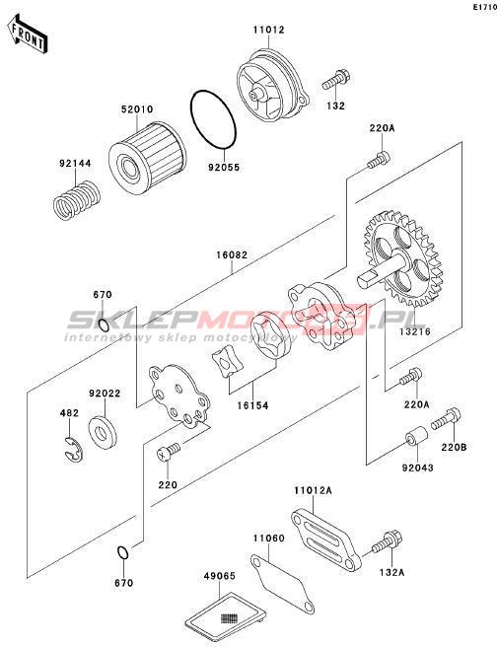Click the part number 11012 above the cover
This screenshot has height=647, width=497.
[268, 30]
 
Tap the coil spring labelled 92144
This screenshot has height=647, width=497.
[77, 200]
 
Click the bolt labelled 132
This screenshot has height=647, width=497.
[336, 80]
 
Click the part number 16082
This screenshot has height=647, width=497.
[232, 255]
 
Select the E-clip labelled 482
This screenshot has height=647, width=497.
[74, 449]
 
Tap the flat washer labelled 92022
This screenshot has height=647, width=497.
[104, 432]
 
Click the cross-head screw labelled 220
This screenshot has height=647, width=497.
[168, 453]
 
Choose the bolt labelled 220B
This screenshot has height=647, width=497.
[446, 419]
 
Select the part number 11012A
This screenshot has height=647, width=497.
[313, 490]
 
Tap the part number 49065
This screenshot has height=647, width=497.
[220, 576]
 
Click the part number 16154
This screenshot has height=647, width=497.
[252, 405]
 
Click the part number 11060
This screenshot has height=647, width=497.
[268, 539]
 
